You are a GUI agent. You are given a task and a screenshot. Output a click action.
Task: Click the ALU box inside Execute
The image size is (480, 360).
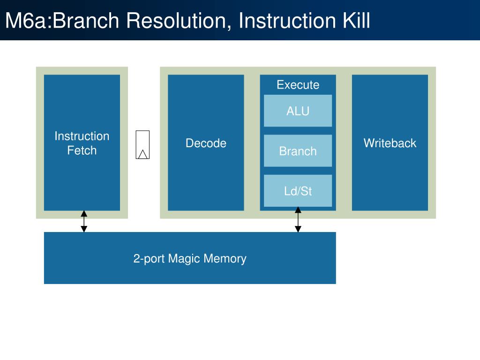click(298, 111)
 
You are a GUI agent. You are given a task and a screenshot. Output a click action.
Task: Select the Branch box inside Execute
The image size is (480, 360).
click(298, 150)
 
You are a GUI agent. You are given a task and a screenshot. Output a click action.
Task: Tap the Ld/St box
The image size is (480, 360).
click(298, 191)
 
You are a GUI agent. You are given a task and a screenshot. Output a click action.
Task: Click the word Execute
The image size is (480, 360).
click(298, 85)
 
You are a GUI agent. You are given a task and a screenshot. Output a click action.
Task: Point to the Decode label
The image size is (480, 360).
click(206, 143)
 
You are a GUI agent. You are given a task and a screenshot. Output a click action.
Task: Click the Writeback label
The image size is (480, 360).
click(390, 143)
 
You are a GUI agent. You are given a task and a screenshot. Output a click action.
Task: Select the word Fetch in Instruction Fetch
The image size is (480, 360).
click(82, 150)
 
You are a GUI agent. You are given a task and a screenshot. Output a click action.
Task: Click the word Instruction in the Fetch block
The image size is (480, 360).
click(82, 136)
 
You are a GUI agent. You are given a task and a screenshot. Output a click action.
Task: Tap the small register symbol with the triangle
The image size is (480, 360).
click(142, 145)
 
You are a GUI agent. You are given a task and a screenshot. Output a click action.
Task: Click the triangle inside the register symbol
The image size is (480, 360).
click(142, 155)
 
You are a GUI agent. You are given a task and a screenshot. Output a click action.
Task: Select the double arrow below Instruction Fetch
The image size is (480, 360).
click(84, 221)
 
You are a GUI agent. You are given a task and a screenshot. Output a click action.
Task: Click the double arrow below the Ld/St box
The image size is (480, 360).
click(298, 219)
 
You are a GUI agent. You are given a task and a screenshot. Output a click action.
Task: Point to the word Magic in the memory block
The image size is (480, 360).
click(184, 259)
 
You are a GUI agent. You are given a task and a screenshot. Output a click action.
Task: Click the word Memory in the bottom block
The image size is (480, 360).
click(225, 259)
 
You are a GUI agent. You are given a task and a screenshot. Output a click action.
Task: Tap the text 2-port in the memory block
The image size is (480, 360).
click(149, 259)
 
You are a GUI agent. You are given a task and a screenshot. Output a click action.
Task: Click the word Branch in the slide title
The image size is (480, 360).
click(86, 21)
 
